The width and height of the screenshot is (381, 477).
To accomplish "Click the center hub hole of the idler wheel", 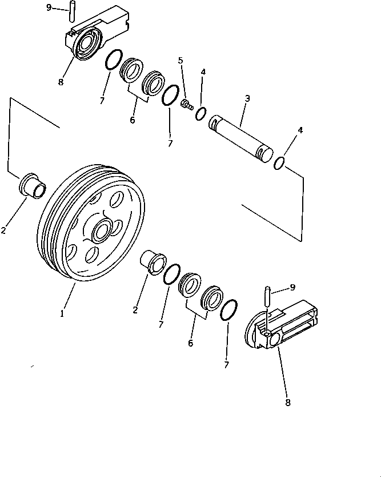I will (103, 232).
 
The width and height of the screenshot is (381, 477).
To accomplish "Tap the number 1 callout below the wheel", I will (62, 313).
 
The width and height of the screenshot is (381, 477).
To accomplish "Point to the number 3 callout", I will (247, 98).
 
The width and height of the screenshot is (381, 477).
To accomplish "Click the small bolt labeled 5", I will (186, 104).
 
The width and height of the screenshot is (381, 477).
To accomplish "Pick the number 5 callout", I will (181, 60).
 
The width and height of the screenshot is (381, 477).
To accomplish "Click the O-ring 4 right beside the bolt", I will (201, 114).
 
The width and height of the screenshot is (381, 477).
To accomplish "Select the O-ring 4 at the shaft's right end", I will (279, 162).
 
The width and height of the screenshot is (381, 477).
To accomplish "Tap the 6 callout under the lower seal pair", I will (190, 343).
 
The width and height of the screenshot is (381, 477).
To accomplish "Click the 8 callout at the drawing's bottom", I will (287, 403).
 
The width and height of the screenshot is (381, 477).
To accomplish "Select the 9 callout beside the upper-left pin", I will (49, 7).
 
